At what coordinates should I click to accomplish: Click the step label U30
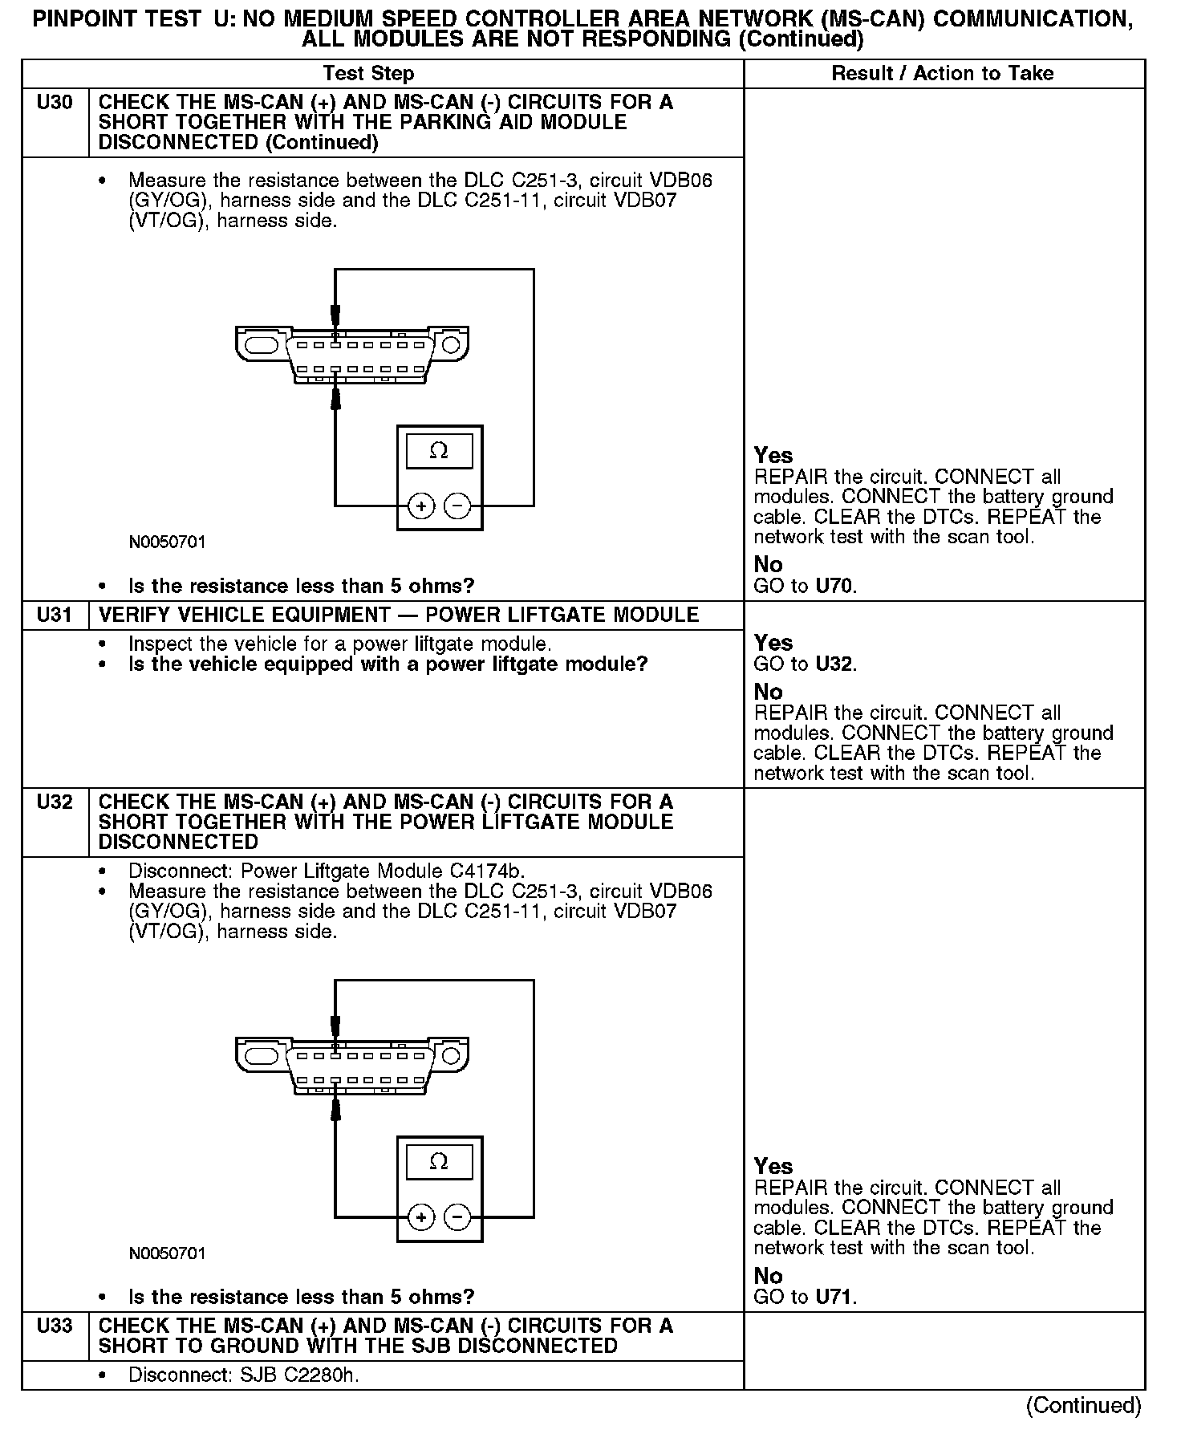pos(55,103)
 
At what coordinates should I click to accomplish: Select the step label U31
pos(55,615)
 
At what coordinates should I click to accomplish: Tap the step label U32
pos(55,802)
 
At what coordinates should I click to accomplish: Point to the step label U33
pos(55,1326)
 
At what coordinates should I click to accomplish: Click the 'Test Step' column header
pos(368,74)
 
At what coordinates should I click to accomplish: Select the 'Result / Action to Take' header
pos(942,74)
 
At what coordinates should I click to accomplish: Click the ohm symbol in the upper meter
pos(439,451)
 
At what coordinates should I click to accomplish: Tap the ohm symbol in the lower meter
pos(439,1162)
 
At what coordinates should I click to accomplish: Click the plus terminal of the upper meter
pos(421,506)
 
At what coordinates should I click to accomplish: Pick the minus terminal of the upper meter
pos(457,506)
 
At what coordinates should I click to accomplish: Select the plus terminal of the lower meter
pos(421,1217)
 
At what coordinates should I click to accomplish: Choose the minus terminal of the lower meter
pos(457,1217)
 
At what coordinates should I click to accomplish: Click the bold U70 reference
pos(834,586)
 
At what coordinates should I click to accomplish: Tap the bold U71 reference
pos(834,1297)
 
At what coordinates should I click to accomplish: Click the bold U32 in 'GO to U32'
pos(834,664)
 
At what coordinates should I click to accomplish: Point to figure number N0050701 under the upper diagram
pos(167,542)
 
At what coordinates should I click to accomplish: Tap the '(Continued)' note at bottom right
pos(1083,1405)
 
